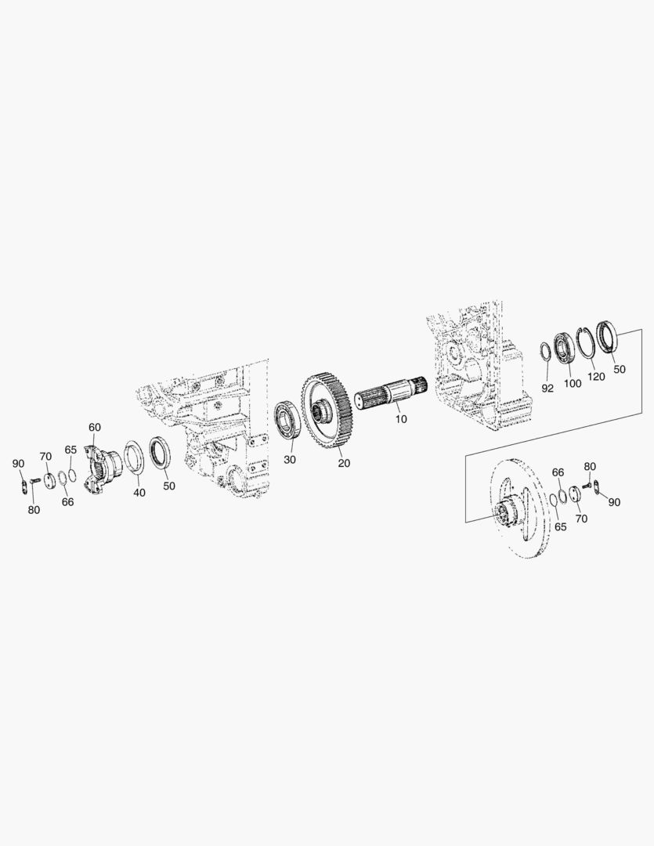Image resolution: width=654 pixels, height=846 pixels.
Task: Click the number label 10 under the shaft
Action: click(x=401, y=418)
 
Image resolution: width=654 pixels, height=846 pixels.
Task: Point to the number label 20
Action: click(x=344, y=463)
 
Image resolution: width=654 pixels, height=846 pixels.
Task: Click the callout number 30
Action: click(x=290, y=459)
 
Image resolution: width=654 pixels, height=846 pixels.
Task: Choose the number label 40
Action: click(x=139, y=492)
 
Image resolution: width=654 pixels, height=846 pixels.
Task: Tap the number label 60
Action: click(x=95, y=428)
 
